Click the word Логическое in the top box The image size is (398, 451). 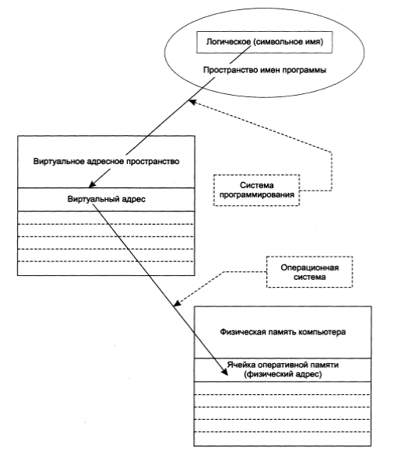point(228,42)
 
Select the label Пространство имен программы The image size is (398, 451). point(265,70)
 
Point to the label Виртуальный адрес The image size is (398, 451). point(107,199)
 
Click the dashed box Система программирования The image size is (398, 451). point(256,191)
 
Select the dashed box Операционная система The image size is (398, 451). point(309,272)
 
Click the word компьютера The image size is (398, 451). point(322,332)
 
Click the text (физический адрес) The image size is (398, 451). point(283,374)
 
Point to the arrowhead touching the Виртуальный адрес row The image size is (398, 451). point(92,184)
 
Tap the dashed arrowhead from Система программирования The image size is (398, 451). point(192,102)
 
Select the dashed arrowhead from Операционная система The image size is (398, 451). point(177,303)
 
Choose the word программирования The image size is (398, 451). point(256,194)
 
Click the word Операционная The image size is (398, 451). point(309,267)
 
